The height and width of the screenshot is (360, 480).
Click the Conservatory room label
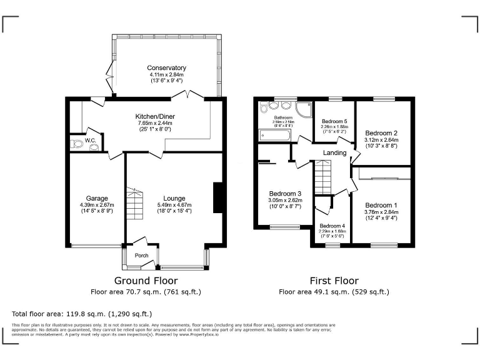[166, 68]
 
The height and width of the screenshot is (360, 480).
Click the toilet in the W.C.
[77, 144]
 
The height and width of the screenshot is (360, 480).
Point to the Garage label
[92, 198]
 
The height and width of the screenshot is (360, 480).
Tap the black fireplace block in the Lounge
[217, 199]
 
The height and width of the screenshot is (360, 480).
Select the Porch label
[142, 255]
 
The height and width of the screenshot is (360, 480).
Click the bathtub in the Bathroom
[274, 136]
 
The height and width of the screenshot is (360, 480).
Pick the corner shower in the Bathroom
[304, 110]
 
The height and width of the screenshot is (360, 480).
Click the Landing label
[334, 153]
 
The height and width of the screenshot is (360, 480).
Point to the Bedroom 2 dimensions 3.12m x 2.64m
[381, 140]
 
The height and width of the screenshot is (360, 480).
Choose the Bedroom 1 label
[381, 205]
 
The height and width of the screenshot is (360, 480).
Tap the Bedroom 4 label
[332, 226]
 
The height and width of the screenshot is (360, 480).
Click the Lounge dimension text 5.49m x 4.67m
[170, 205]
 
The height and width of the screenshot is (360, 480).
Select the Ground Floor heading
[146, 281]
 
